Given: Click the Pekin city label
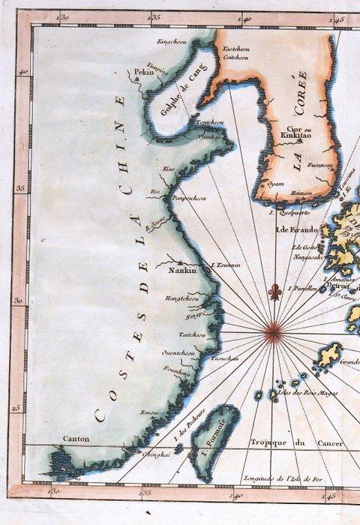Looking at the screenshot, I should click(x=142, y=73).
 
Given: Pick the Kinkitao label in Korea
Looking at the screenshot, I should click(x=295, y=135).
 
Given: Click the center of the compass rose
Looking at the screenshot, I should click(x=274, y=328).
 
